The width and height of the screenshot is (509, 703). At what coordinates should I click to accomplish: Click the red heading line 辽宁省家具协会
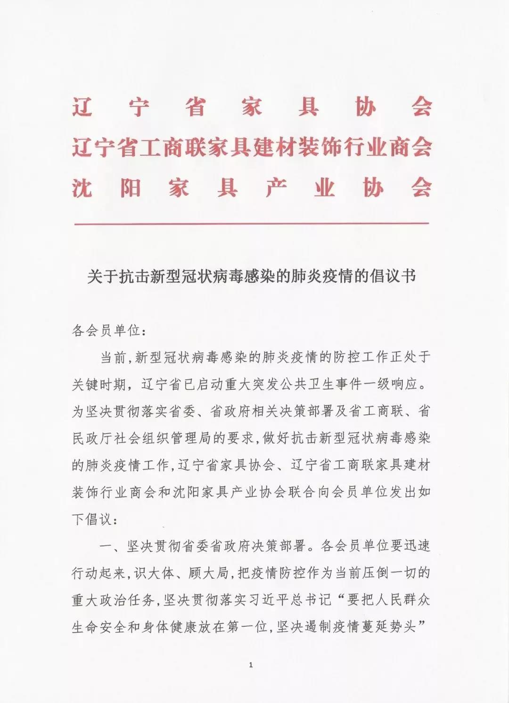tap(252, 108)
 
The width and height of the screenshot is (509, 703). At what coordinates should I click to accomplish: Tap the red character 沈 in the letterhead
tap(82, 188)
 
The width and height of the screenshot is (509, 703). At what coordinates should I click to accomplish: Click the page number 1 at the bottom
tap(251, 665)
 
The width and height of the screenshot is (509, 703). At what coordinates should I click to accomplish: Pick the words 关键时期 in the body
tap(99, 385)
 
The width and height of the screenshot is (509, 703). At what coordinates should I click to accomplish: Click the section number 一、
tap(111, 546)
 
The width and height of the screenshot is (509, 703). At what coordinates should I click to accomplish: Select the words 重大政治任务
tap(113, 600)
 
